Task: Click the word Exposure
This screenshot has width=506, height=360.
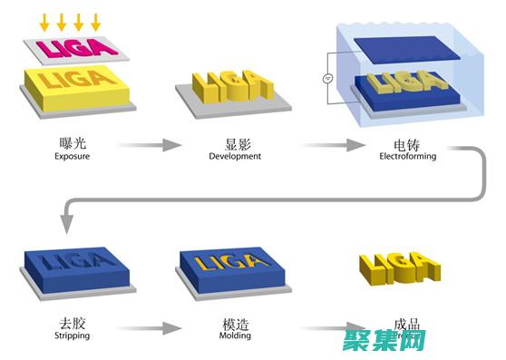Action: [x=73, y=155]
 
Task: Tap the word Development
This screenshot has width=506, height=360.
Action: [x=234, y=155]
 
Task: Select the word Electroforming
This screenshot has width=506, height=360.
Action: [x=407, y=155]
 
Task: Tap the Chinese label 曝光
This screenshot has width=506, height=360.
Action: [x=72, y=142]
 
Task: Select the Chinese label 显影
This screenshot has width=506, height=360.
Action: [x=234, y=142]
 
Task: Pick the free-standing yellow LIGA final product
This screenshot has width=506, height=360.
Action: [x=398, y=265]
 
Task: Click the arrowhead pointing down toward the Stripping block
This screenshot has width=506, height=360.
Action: [x=66, y=222]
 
